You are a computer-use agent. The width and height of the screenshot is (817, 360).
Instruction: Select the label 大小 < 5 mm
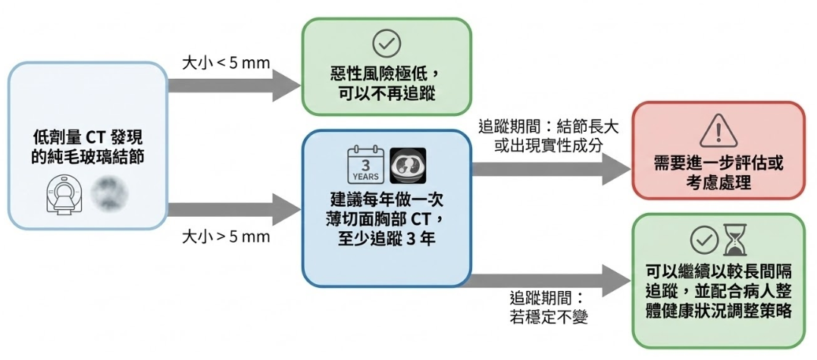(x=226, y=62)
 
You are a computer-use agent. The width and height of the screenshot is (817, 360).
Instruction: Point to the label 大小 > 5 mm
(x=226, y=236)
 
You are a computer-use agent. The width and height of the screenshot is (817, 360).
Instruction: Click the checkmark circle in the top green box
(x=387, y=43)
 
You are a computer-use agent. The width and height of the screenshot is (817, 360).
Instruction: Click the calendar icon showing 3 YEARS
(x=365, y=166)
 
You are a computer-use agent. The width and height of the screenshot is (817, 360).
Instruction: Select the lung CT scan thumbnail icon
(x=408, y=166)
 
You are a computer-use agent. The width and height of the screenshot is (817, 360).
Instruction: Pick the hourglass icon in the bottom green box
(x=734, y=240)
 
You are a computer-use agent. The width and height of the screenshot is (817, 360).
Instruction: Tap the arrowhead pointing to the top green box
(x=286, y=80)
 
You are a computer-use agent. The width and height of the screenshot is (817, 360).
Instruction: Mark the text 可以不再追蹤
(x=387, y=95)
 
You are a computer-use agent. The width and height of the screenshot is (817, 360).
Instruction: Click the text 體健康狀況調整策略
(x=718, y=312)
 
